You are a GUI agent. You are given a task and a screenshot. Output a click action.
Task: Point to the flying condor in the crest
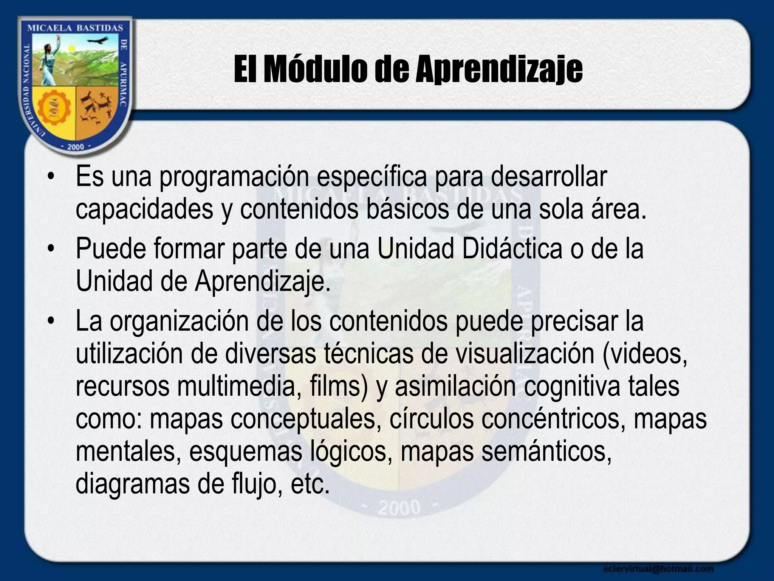coord(99,40)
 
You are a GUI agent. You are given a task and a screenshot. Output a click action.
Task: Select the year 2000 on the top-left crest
coord(75,147)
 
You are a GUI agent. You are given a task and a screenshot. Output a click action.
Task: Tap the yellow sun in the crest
coord(73,48)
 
